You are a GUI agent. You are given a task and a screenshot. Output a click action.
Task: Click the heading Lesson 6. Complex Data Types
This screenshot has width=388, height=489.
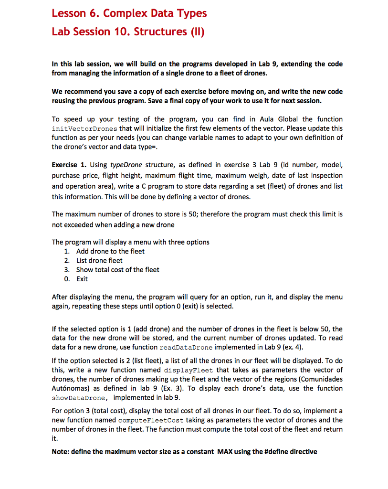pyautogui.click(x=129, y=13)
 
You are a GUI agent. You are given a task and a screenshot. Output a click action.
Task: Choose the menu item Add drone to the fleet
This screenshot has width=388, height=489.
pyautogui.click(x=110, y=251)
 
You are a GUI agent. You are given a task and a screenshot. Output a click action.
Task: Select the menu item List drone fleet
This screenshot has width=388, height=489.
pyautogui.click(x=99, y=260)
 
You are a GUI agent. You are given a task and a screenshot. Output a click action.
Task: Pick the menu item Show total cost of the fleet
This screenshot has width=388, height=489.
pyautogui.click(x=118, y=269)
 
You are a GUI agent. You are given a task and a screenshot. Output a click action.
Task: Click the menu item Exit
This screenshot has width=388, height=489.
pyautogui.click(x=82, y=278)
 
